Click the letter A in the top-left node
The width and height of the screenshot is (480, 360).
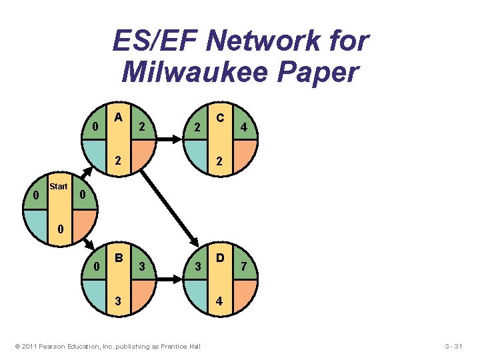(x=119, y=117)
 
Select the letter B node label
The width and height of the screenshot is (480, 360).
(x=119, y=257)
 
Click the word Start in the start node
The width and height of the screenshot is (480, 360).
(x=59, y=187)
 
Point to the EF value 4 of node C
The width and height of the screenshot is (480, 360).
(x=245, y=127)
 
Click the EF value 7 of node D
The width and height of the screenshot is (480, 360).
(x=245, y=267)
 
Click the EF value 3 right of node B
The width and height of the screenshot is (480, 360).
(x=143, y=267)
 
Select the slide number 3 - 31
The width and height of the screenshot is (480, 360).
(x=458, y=346)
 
